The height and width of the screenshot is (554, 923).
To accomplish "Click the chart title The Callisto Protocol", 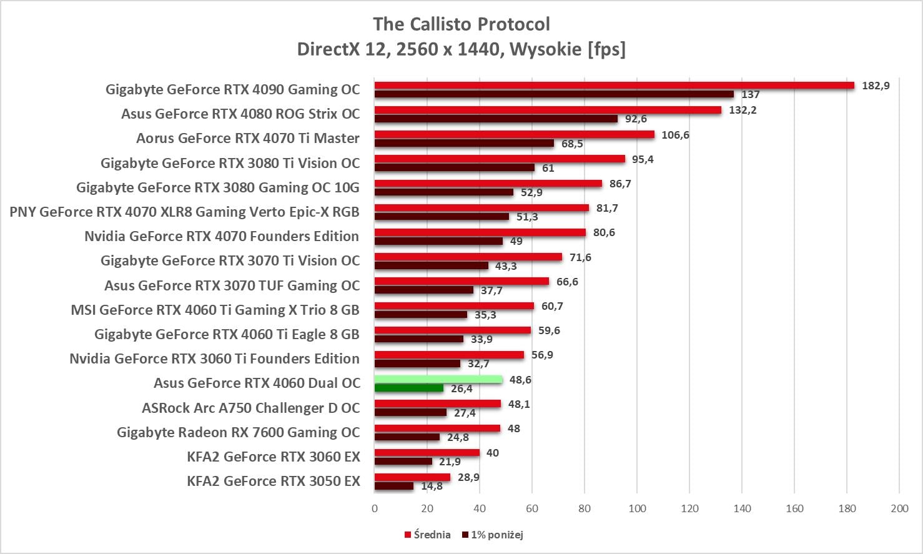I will click(461, 24).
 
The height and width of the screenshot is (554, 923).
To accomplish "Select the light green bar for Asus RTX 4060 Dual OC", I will click(438, 379).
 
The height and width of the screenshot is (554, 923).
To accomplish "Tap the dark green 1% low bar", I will click(408, 388).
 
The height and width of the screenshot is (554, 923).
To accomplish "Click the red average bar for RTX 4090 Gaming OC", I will click(614, 86).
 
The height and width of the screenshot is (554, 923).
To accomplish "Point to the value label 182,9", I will click(876, 86).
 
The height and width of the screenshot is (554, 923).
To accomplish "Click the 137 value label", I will click(750, 94).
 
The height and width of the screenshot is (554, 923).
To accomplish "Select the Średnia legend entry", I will click(428, 535).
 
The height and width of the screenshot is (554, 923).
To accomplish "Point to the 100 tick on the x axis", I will click(637, 508).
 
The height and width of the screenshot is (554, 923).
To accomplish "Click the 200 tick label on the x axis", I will click(899, 508).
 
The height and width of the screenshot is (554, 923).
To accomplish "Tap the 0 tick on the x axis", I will click(375, 508).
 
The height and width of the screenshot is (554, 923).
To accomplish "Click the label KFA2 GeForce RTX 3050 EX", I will click(274, 481).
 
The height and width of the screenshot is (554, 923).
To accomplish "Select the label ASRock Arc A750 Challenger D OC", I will click(251, 408).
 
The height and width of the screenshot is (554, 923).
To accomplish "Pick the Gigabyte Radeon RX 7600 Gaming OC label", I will click(239, 432).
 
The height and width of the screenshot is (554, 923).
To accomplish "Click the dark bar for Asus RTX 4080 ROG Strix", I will click(496, 119).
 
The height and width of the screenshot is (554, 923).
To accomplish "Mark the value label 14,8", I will click(432, 486).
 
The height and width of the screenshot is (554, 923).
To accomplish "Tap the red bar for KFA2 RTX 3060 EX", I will click(427, 453).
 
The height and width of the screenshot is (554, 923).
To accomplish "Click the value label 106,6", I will click(675, 135).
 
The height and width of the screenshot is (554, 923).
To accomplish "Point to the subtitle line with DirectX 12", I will click(461, 49).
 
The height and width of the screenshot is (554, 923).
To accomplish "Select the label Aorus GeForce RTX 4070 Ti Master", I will click(248, 138).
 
